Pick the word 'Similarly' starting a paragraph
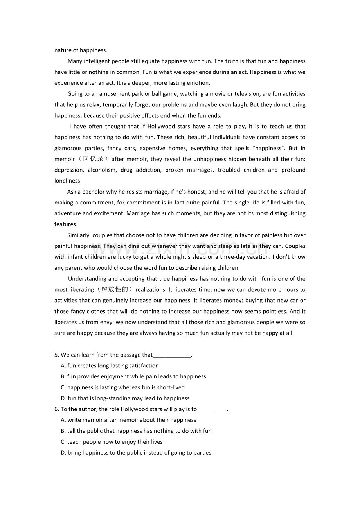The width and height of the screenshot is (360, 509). tap(79, 235)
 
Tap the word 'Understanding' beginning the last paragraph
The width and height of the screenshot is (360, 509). tap(87, 279)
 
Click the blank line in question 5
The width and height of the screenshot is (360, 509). tap(172, 355)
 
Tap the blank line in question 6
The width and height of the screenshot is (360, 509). tap(212, 410)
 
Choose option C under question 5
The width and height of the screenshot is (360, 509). tap(123, 387)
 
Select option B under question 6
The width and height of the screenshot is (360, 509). tap(136, 431)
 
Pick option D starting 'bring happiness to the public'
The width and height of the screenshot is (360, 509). tap(136, 453)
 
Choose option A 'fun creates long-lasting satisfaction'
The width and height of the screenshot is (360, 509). tap(110, 366)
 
